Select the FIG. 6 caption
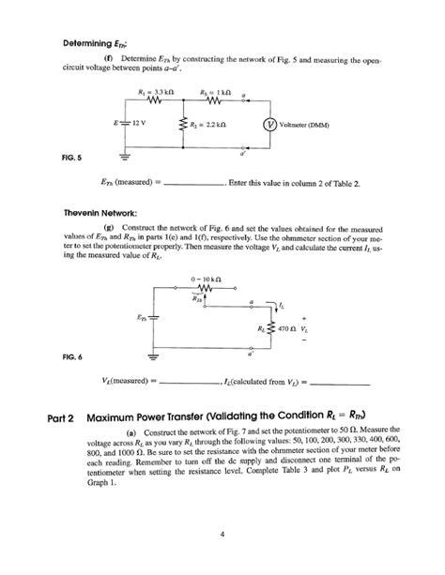[x=72, y=357]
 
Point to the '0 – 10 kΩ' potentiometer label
[x=205, y=280]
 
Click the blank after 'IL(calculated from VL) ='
[x=339, y=383]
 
